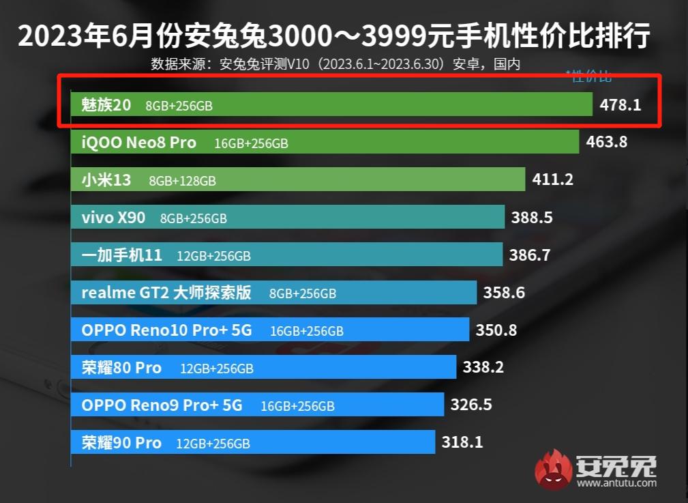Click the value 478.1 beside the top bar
[x=620, y=106]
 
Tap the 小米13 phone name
[x=106, y=180]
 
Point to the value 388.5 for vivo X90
[x=532, y=218]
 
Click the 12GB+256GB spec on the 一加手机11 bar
[x=213, y=256]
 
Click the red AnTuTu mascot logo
[x=553, y=470]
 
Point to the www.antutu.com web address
[x=617, y=483]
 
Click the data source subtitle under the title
[x=335, y=65]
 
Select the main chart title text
[x=333, y=35]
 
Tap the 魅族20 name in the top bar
[x=106, y=105]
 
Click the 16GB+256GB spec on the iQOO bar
[x=251, y=143]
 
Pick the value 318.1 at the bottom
[x=462, y=442]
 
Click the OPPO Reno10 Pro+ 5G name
[x=166, y=330]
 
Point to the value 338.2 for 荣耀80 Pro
[x=483, y=368]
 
